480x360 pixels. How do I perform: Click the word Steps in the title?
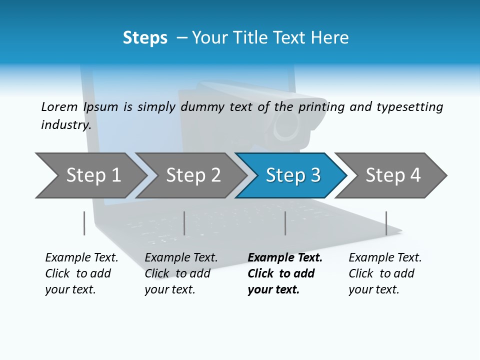coord(145,38)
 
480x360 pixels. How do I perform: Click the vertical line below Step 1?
coord(84,223)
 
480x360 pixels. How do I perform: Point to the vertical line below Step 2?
coord(184,223)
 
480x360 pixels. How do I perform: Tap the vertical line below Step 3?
coord(285,223)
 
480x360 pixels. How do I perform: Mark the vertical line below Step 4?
coord(386,223)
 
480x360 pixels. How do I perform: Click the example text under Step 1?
coord(81,273)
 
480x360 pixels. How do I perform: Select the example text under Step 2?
coord(180,273)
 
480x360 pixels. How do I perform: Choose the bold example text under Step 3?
coord(284,273)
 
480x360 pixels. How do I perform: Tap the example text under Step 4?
coord(384,273)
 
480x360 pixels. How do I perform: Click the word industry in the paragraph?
coord(65,125)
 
